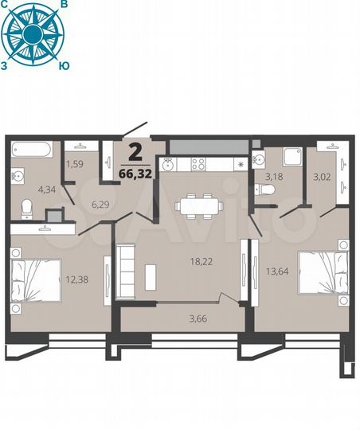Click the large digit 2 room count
pyautogui.click(x=136, y=152)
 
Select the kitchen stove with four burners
pyautogui.click(x=198, y=165)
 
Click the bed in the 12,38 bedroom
pyautogui.click(x=37, y=278)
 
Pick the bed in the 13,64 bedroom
pyautogui.click(x=323, y=273)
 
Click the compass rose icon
pyautogui.click(x=32, y=33)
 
